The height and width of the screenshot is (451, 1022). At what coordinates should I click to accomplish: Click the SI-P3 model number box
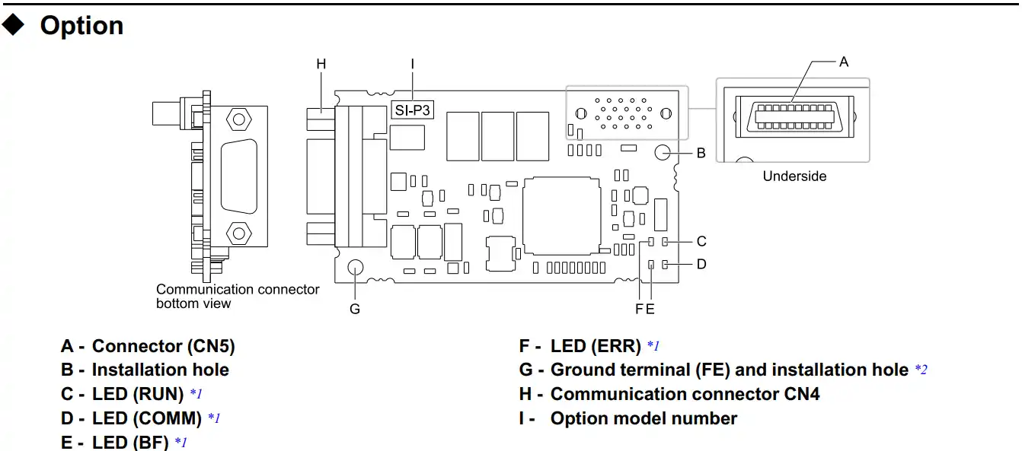click(x=412, y=110)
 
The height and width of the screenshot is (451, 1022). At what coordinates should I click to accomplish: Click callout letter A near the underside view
click(x=844, y=62)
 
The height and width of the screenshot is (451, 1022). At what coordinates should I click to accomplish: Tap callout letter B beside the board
click(x=701, y=153)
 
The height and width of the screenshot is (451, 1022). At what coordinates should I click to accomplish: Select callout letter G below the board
click(x=355, y=309)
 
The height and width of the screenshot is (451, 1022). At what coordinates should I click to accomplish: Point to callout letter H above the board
click(x=321, y=64)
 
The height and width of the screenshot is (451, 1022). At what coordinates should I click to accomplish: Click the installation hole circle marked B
click(x=662, y=152)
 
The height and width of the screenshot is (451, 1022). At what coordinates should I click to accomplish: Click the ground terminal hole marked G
click(x=356, y=268)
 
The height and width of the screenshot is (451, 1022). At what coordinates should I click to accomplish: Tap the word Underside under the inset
click(x=794, y=176)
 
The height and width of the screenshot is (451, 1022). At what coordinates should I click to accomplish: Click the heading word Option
click(x=81, y=26)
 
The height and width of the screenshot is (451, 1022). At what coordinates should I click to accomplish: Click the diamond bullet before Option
click(x=14, y=25)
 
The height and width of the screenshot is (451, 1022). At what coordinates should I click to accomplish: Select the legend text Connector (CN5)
click(x=163, y=346)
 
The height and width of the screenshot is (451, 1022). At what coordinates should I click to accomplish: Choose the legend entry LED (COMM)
click(x=146, y=418)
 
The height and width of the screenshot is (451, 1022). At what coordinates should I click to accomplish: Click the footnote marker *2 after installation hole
click(x=921, y=370)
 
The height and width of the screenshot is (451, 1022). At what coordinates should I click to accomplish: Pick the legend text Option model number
click(x=644, y=418)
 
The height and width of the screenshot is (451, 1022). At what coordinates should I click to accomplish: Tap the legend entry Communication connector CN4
click(x=685, y=394)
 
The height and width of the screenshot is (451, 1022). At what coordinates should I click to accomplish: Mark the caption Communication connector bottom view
click(x=238, y=296)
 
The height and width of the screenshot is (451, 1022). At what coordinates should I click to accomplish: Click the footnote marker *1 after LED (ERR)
click(x=653, y=347)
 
